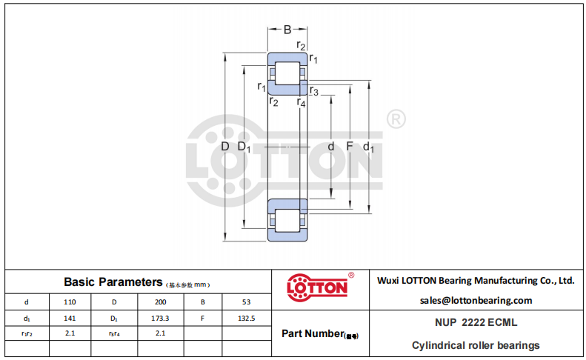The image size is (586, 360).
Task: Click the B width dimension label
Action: [x=287, y=30]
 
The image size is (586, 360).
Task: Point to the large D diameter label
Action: [x=225, y=146]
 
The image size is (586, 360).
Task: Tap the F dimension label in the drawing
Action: [x=350, y=146]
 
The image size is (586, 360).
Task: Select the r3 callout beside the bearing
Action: [x=314, y=91]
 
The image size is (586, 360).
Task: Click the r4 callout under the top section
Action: [x=302, y=102]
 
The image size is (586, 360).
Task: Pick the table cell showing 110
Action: [x=70, y=302]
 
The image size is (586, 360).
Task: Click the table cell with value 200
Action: [x=160, y=302]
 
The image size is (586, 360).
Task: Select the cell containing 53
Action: [x=246, y=302]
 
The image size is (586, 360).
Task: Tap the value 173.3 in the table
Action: [x=160, y=318]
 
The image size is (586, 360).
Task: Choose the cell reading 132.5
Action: [x=246, y=318]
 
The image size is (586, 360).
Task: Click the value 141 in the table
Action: [x=70, y=318]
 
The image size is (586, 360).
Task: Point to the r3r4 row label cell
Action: [x=114, y=333]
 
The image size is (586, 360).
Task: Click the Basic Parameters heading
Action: [x=113, y=282]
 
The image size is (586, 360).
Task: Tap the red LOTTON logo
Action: [x=317, y=287]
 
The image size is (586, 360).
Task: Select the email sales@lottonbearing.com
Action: [x=476, y=301]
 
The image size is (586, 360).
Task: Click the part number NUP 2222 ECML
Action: [x=476, y=322]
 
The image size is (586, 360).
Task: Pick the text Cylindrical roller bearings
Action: [x=476, y=345]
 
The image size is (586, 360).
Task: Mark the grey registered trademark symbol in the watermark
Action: [x=396, y=119]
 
